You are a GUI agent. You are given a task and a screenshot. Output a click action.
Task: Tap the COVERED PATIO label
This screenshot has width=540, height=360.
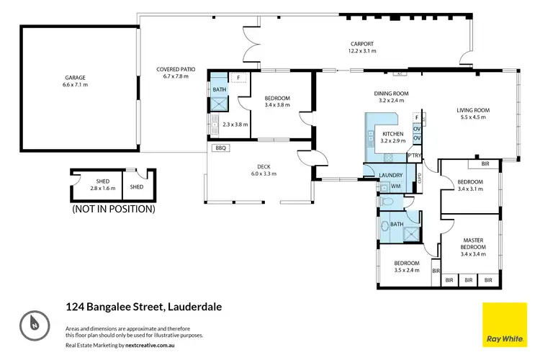(176, 70)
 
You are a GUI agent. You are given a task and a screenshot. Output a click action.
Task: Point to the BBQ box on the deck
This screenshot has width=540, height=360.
(220, 148)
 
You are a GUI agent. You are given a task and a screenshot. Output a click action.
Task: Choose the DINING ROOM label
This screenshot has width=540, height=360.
(391, 94)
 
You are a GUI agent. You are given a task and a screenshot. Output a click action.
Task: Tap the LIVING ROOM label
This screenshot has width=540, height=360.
(473, 110)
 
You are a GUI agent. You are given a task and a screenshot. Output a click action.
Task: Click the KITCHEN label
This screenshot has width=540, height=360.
(393, 134)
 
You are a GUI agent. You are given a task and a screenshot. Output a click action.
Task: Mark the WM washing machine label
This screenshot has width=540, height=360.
(395, 186)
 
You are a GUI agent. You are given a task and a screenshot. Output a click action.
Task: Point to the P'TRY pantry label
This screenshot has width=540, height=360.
(414, 155)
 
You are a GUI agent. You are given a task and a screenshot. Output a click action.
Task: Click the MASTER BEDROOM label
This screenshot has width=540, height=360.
(473, 243)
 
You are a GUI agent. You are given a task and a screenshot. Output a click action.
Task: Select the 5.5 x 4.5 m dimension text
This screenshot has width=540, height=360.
(473, 119)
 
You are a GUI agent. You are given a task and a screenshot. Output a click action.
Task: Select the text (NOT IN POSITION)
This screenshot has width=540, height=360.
(113, 210)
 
